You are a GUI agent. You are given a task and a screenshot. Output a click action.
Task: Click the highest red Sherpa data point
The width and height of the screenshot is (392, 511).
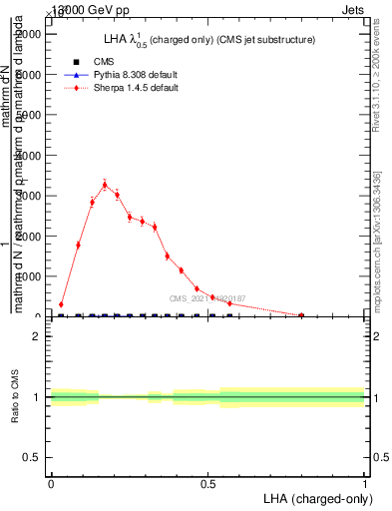(105, 184)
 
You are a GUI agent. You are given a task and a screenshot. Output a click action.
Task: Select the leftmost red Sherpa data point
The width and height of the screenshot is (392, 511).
(61, 304)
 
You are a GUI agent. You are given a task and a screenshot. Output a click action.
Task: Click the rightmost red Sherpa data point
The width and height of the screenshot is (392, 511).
(301, 315)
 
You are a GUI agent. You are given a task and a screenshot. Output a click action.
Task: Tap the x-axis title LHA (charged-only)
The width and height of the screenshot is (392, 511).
(315, 497)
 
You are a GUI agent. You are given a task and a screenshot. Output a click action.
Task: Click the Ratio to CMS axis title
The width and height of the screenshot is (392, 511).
(16, 395)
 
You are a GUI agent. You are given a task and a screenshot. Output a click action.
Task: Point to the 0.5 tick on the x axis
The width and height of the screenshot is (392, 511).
(207, 485)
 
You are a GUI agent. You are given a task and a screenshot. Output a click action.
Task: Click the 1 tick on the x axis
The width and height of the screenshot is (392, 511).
(365, 485)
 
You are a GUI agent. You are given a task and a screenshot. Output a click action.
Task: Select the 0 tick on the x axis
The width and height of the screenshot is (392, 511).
(51, 485)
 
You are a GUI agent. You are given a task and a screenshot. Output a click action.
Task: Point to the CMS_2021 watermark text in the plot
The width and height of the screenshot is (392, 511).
(206, 297)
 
